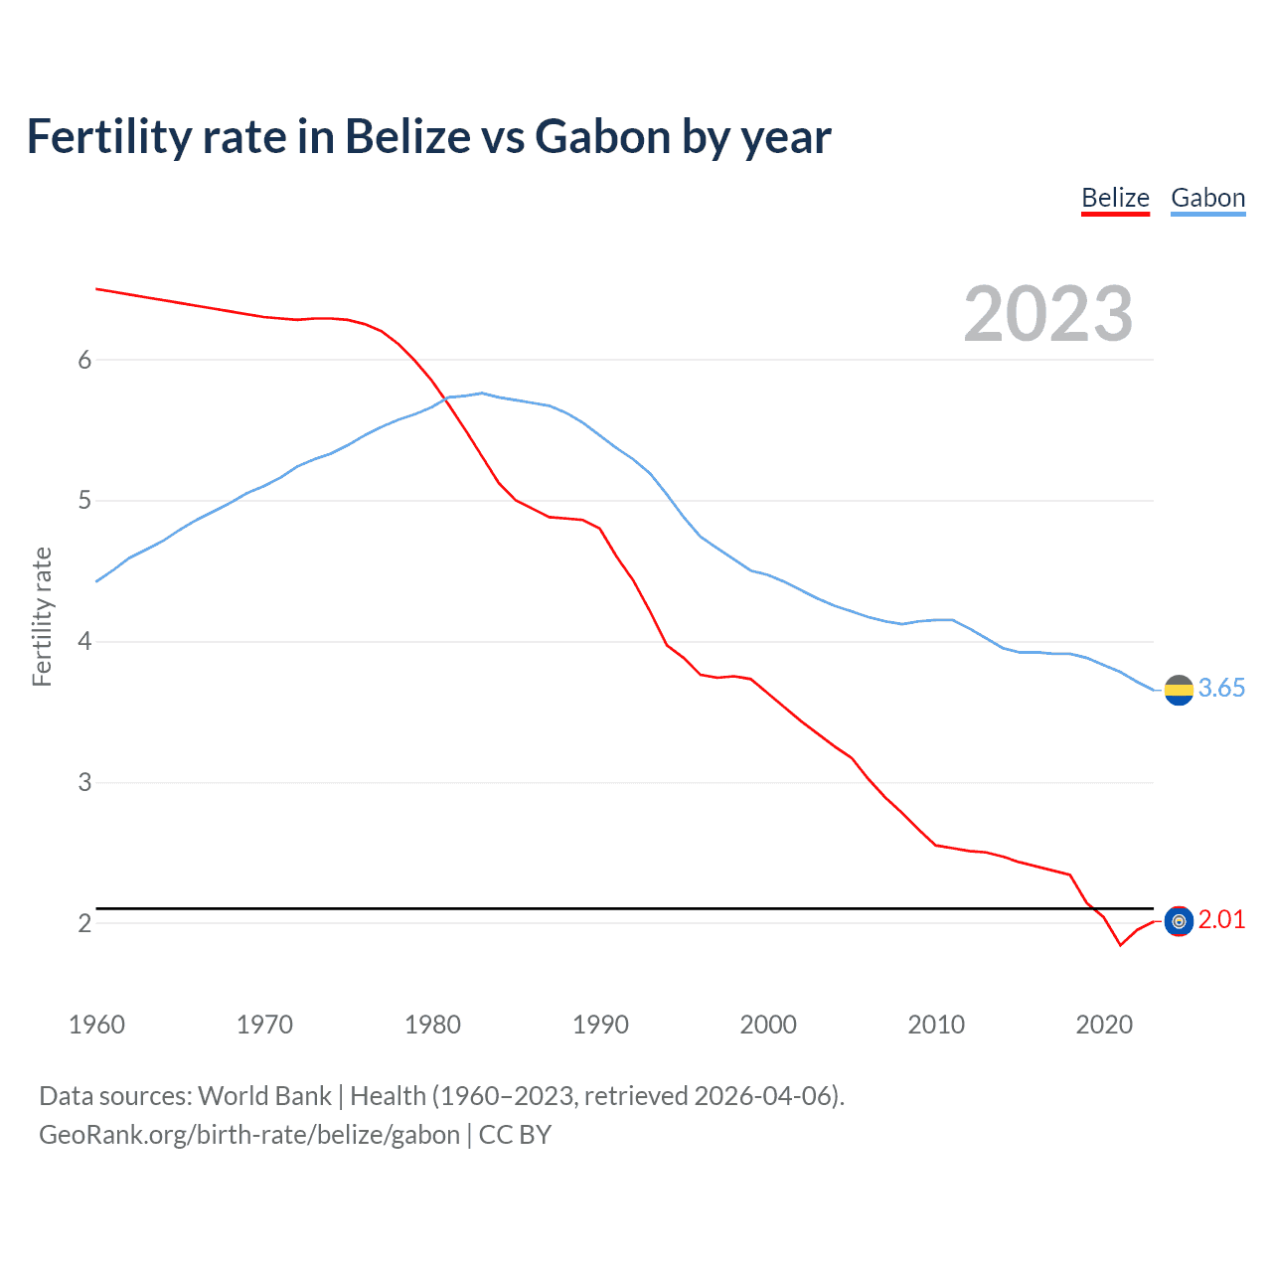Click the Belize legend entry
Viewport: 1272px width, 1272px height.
[x=1115, y=198]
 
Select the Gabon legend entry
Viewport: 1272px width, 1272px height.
[x=1207, y=198]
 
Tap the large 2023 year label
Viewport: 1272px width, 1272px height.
[x=1048, y=314]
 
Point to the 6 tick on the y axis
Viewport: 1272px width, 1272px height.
[x=84, y=360]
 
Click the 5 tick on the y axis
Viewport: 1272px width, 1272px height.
[x=84, y=501]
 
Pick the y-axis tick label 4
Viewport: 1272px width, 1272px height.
[x=84, y=642]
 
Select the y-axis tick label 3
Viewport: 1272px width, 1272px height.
[x=84, y=783]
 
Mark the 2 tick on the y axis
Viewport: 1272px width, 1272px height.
[x=84, y=924]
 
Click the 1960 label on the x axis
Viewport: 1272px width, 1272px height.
[x=96, y=1025]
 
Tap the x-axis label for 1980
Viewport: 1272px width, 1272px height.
[x=432, y=1025]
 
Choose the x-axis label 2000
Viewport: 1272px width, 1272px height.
[x=768, y=1025]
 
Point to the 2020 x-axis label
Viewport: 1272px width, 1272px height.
[x=1104, y=1025]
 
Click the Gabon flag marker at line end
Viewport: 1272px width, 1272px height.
[x=1179, y=690]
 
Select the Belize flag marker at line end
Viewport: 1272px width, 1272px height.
[x=1179, y=922]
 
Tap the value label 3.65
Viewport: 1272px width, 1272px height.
[x=1221, y=689]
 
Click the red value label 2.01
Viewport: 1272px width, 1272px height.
[x=1221, y=920]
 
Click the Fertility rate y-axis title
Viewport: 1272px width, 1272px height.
[x=42, y=616]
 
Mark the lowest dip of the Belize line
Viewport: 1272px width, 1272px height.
[x=1120, y=945]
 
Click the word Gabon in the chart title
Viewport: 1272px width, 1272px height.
[x=603, y=137]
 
